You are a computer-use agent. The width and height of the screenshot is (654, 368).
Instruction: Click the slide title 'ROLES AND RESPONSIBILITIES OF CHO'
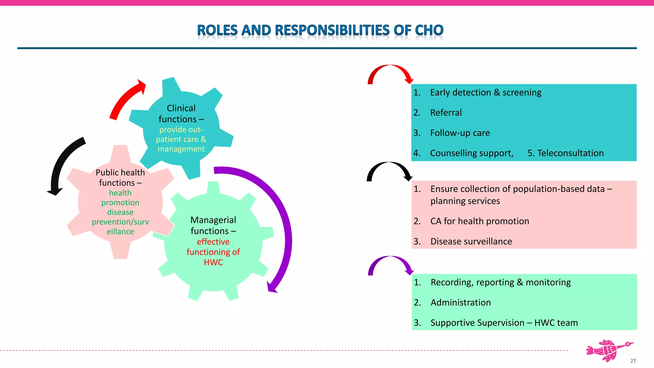coord(320,30)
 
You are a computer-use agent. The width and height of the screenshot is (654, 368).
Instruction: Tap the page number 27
coord(633,361)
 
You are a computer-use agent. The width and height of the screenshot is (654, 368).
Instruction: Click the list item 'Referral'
coord(446,113)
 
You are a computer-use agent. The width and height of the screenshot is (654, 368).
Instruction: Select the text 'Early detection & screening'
coord(485,93)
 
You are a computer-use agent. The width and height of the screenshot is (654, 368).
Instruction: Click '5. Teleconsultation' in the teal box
coord(565,153)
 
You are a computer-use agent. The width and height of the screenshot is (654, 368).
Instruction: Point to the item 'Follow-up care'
coord(460,133)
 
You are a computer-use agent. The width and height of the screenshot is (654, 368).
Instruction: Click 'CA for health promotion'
coord(480,221)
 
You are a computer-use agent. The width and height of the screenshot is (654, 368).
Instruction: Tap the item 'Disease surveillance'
coord(471,241)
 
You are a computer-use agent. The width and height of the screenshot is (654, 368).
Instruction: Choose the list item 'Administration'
coord(460,303)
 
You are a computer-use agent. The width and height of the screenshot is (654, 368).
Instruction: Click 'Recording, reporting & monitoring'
coord(500,282)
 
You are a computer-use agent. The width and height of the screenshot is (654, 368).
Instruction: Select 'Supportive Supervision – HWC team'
coord(504,323)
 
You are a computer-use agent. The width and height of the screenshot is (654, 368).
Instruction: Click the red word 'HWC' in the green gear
coord(213,263)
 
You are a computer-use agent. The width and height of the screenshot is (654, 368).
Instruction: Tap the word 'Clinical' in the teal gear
coord(181,108)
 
